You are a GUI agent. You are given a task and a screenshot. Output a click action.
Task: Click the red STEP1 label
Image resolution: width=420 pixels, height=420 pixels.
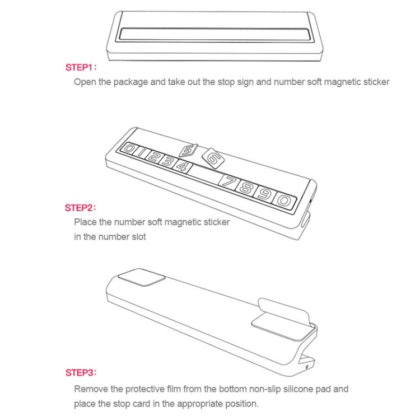tap(81, 68)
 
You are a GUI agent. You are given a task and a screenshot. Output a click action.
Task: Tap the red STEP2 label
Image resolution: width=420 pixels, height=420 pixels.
tap(80, 208)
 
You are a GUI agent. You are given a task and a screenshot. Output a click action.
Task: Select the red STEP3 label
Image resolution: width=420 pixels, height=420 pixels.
tap(81, 372)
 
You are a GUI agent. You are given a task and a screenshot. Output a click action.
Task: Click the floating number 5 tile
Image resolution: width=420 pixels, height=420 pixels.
tap(188, 151)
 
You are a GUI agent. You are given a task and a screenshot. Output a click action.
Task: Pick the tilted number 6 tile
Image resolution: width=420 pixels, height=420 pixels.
tap(213, 158)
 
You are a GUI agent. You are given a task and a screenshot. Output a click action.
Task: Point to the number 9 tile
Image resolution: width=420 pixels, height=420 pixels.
tap(264, 194)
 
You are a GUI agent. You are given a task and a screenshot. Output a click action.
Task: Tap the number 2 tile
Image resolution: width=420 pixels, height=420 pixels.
tap(153, 156)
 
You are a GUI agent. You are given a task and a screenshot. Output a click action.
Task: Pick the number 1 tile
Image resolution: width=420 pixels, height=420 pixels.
tap(142, 152)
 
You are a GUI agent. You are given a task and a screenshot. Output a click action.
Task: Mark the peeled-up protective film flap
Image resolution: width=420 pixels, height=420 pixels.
tap(284, 311)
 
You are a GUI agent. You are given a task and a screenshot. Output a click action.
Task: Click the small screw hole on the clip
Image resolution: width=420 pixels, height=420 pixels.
tap(307, 367)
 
